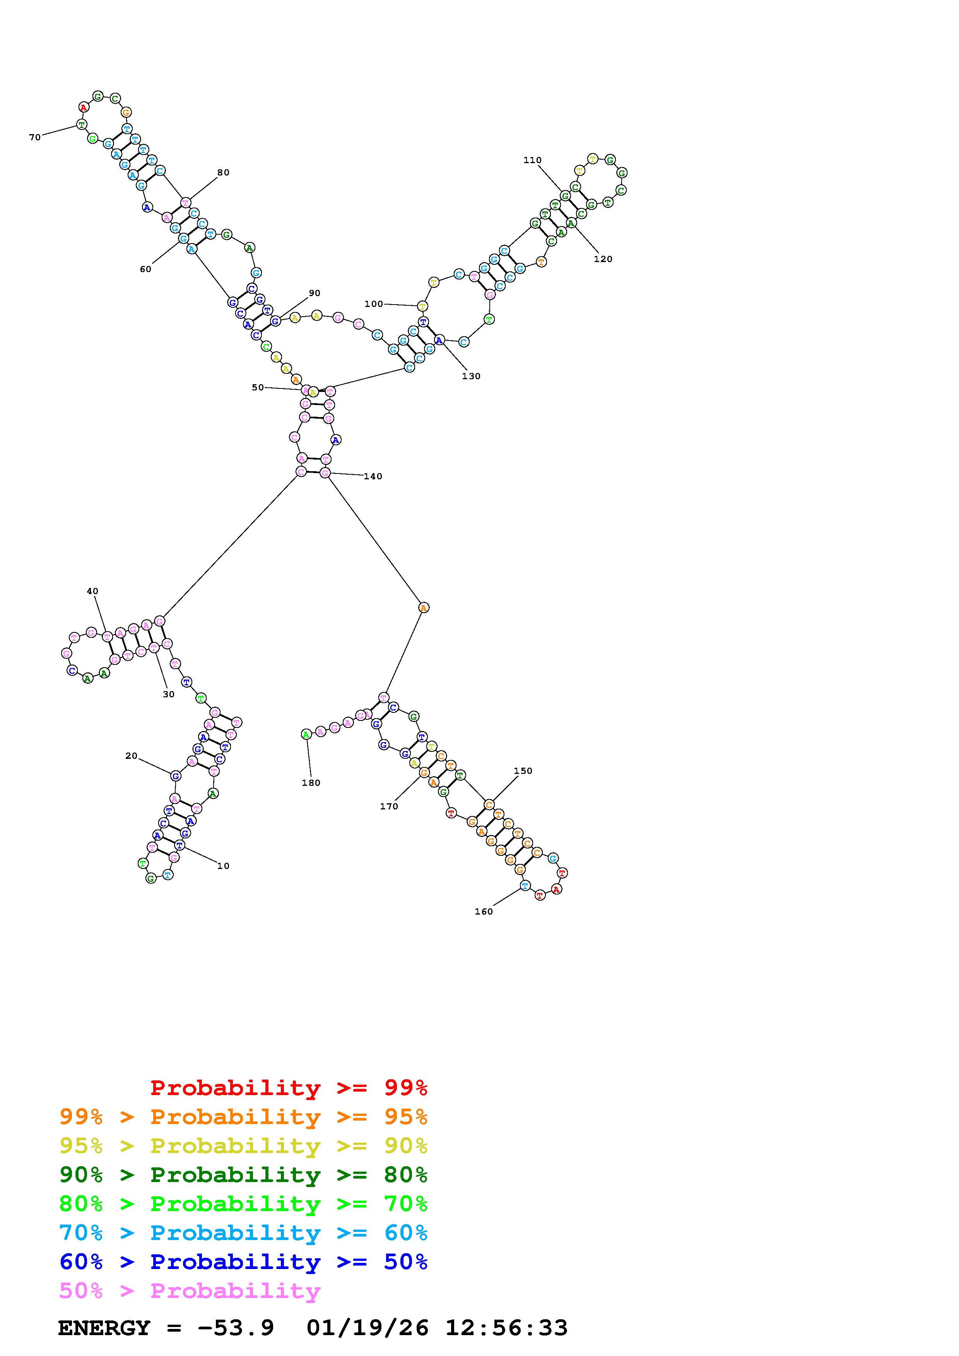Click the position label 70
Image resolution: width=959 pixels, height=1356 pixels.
[35, 138]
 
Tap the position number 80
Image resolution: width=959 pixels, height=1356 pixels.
[223, 172]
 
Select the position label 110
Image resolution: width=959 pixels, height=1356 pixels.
[532, 160]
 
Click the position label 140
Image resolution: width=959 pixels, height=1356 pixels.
[373, 477]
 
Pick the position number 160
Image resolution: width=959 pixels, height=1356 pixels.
[483, 911]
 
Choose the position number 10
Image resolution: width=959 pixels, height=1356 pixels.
[223, 866]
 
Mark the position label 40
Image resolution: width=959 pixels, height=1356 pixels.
[92, 591]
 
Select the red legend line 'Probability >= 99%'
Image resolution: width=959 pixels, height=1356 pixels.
[289, 1087]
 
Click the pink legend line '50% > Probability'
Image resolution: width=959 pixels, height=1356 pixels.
[190, 1291]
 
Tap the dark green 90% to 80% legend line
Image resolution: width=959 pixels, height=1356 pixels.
[243, 1175]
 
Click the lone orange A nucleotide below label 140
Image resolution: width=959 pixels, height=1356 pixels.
[423, 607]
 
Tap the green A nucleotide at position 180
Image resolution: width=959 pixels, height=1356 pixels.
[306, 734]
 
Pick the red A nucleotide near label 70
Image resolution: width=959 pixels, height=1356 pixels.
[84, 107]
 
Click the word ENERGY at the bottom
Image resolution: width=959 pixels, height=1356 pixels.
[104, 1328]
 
